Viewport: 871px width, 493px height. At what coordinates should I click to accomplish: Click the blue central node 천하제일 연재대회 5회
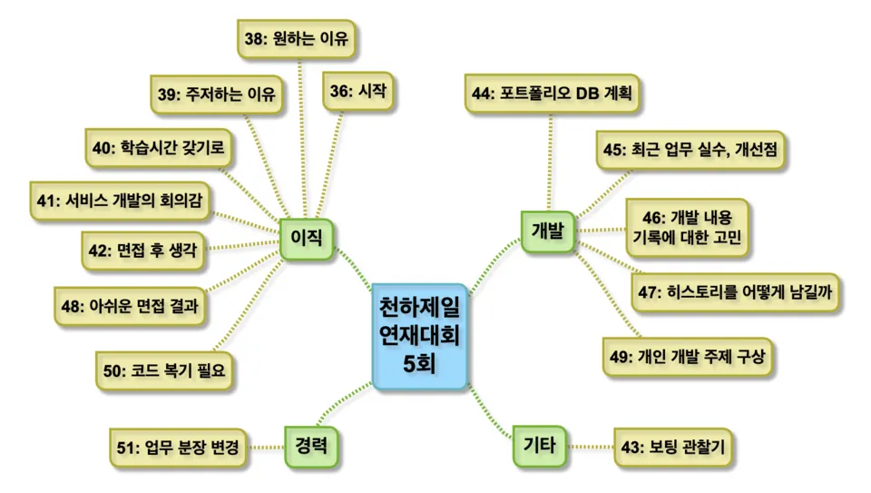tap(419, 336)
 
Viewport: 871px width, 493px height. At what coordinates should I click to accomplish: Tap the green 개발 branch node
tap(548, 231)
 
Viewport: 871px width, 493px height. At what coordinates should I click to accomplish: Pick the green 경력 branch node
tap(310, 446)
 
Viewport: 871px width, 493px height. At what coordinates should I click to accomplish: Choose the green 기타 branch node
tap(539, 445)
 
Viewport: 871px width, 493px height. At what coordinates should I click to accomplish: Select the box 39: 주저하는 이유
tap(218, 94)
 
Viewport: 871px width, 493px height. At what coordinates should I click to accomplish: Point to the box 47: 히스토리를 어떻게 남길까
tap(736, 291)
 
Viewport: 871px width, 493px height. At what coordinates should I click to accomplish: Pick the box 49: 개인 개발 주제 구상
tap(688, 356)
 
